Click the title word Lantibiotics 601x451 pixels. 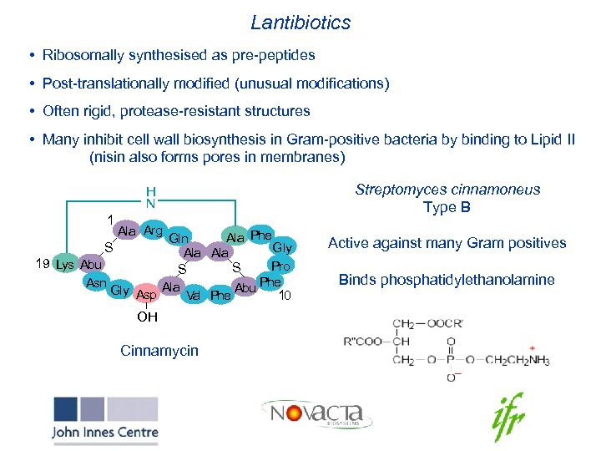pos(300,23)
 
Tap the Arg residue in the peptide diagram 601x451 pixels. pos(153,230)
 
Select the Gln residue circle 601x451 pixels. pos(178,238)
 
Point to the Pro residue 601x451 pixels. pos(280,266)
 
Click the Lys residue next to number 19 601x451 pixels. pos(64,265)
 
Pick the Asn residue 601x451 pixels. pos(96,283)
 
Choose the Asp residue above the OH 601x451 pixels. pos(146,295)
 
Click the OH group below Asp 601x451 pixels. pos(147,317)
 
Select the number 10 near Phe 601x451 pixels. pos(285,296)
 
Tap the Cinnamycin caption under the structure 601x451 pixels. pos(159,350)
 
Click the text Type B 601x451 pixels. pos(447,207)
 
